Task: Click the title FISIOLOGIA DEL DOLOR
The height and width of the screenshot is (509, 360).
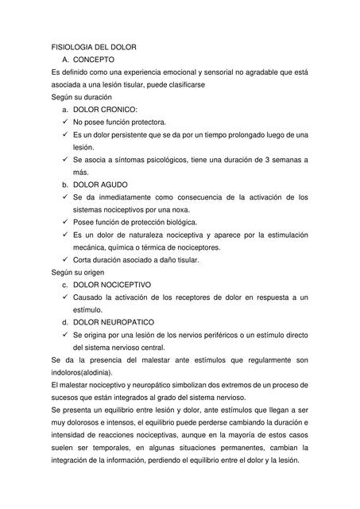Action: click(x=94, y=48)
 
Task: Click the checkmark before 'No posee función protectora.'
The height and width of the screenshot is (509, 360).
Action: click(x=65, y=122)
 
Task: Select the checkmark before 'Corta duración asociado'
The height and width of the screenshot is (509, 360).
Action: click(x=65, y=259)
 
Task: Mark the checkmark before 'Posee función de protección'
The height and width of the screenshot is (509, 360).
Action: click(x=65, y=222)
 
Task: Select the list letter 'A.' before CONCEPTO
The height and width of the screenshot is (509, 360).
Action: click(x=66, y=60)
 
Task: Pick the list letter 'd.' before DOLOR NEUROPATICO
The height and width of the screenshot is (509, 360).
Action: click(x=65, y=322)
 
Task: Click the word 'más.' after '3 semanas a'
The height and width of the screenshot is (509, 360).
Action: click(x=81, y=172)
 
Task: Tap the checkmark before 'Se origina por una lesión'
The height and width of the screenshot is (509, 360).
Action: click(x=65, y=334)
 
